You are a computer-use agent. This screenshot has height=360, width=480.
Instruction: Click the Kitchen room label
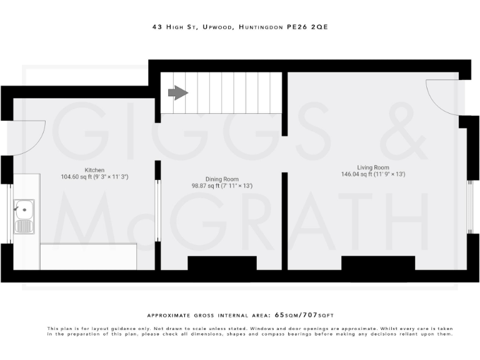point(94,170)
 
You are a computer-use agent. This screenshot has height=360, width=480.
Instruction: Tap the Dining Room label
point(222,179)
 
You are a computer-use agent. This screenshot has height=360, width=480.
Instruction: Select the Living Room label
point(373,167)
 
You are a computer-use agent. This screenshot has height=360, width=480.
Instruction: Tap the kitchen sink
point(24,216)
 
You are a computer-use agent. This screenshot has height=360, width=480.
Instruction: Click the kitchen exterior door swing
point(28,137)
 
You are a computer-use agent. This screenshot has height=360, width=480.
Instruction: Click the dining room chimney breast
point(222,263)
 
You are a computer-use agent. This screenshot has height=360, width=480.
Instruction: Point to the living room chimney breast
point(377,263)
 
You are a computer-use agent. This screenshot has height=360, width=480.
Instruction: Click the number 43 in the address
point(156,27)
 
